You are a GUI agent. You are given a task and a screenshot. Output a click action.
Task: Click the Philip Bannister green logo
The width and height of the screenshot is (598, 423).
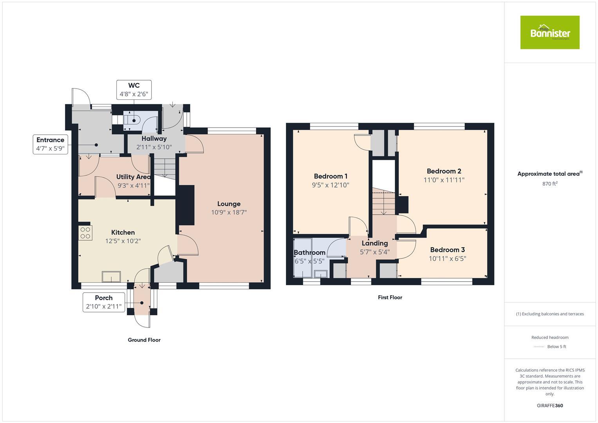549,33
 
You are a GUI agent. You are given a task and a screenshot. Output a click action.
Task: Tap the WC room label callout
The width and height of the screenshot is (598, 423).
134,90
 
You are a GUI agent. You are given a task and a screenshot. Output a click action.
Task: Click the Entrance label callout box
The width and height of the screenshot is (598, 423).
50,144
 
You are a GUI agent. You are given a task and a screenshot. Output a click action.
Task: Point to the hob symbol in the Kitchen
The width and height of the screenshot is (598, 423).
85,233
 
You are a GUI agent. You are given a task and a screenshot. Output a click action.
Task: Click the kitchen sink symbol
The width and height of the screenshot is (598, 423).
112,277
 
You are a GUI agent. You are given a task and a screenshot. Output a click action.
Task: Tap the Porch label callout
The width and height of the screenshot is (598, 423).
104,302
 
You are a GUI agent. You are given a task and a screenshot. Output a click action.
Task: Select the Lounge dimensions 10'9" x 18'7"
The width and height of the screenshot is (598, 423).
229,213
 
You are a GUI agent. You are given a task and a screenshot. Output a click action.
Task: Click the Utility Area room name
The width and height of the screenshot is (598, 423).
133,177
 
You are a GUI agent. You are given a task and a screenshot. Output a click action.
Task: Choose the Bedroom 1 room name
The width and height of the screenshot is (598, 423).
331,176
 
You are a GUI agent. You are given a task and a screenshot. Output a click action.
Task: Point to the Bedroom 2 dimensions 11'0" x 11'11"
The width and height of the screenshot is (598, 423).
444,180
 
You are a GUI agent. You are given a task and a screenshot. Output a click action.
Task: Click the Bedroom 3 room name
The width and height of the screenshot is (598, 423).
447,250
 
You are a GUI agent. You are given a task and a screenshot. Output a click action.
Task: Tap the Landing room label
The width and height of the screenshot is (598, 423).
374,243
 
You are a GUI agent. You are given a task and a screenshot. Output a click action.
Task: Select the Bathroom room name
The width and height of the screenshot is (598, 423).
309,253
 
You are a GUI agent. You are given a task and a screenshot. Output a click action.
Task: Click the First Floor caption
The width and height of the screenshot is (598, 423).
390,297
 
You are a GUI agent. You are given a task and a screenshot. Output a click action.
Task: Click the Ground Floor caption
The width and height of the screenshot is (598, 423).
144,340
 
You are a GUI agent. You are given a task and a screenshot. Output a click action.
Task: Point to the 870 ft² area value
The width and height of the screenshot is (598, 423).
550,184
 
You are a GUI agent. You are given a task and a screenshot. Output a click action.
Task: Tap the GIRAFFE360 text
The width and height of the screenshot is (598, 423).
550,405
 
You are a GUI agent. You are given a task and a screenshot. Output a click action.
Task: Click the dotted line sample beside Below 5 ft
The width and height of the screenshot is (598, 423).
539,347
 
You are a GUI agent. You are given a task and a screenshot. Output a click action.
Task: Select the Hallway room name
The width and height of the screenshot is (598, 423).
154,139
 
